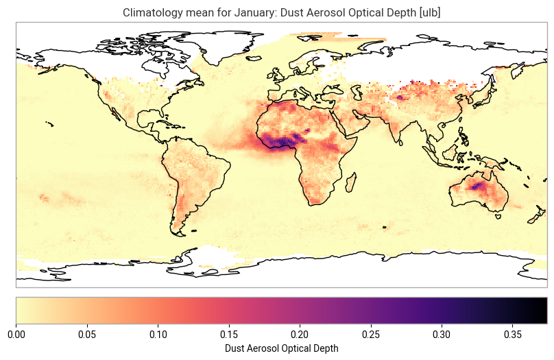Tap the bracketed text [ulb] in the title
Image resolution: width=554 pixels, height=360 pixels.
coord(428,12)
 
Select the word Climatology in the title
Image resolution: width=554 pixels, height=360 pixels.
coord(150,12)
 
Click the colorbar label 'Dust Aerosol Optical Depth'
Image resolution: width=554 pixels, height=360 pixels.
coord(281,348)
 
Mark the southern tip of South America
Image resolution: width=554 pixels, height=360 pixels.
coord(180,234)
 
